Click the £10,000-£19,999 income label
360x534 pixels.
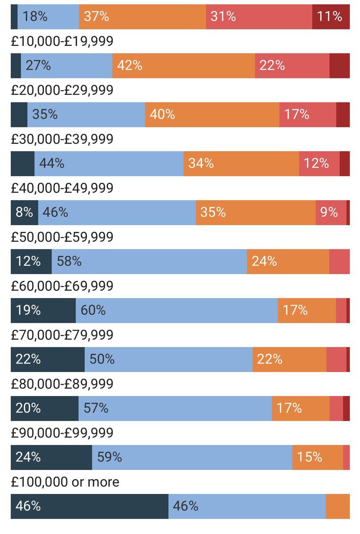pyautogui.click(x=62, y=41)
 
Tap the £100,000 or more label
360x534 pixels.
pyautogui.click(x=65, y=482)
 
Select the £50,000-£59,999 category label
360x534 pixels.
pyautogui.click(x=62, y=237)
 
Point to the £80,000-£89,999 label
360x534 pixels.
pyautogui.click(x=62, y=384)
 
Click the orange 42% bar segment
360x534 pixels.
pyautogui.click(x=183, y=66)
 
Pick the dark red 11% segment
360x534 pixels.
pyautogui.click(x=331, y=17)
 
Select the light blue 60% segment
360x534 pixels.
pyautogui.click(x=177, y=311)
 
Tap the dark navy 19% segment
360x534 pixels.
pyautogui.click(x=43, y=311)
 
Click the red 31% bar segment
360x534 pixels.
pyautogui.click(x=259, y=17)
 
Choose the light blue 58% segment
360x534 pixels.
pyautogui.click(x=149, y=262)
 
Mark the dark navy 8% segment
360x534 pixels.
pyautogui.click(x=24, y=213)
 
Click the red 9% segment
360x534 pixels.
pyautogui.click(x=331, y=213)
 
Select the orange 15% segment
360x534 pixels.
pyautogui.click(x=317, y=457)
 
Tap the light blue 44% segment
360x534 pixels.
pyautogui.click(x=109, y=164)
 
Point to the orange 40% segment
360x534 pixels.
pyautogui.click(x=212, y=115)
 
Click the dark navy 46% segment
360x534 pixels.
pyautogui.click(x=89, y=506)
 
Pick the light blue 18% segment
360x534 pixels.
pyautogui.click(x=48, y=17)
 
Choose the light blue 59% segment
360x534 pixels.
pyautogui.click(x=192, y=457)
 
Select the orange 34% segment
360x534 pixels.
pyautogui.click(x=241, y=164)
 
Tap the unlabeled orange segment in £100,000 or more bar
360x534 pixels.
pyautogui.click(x=338, y=506)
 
